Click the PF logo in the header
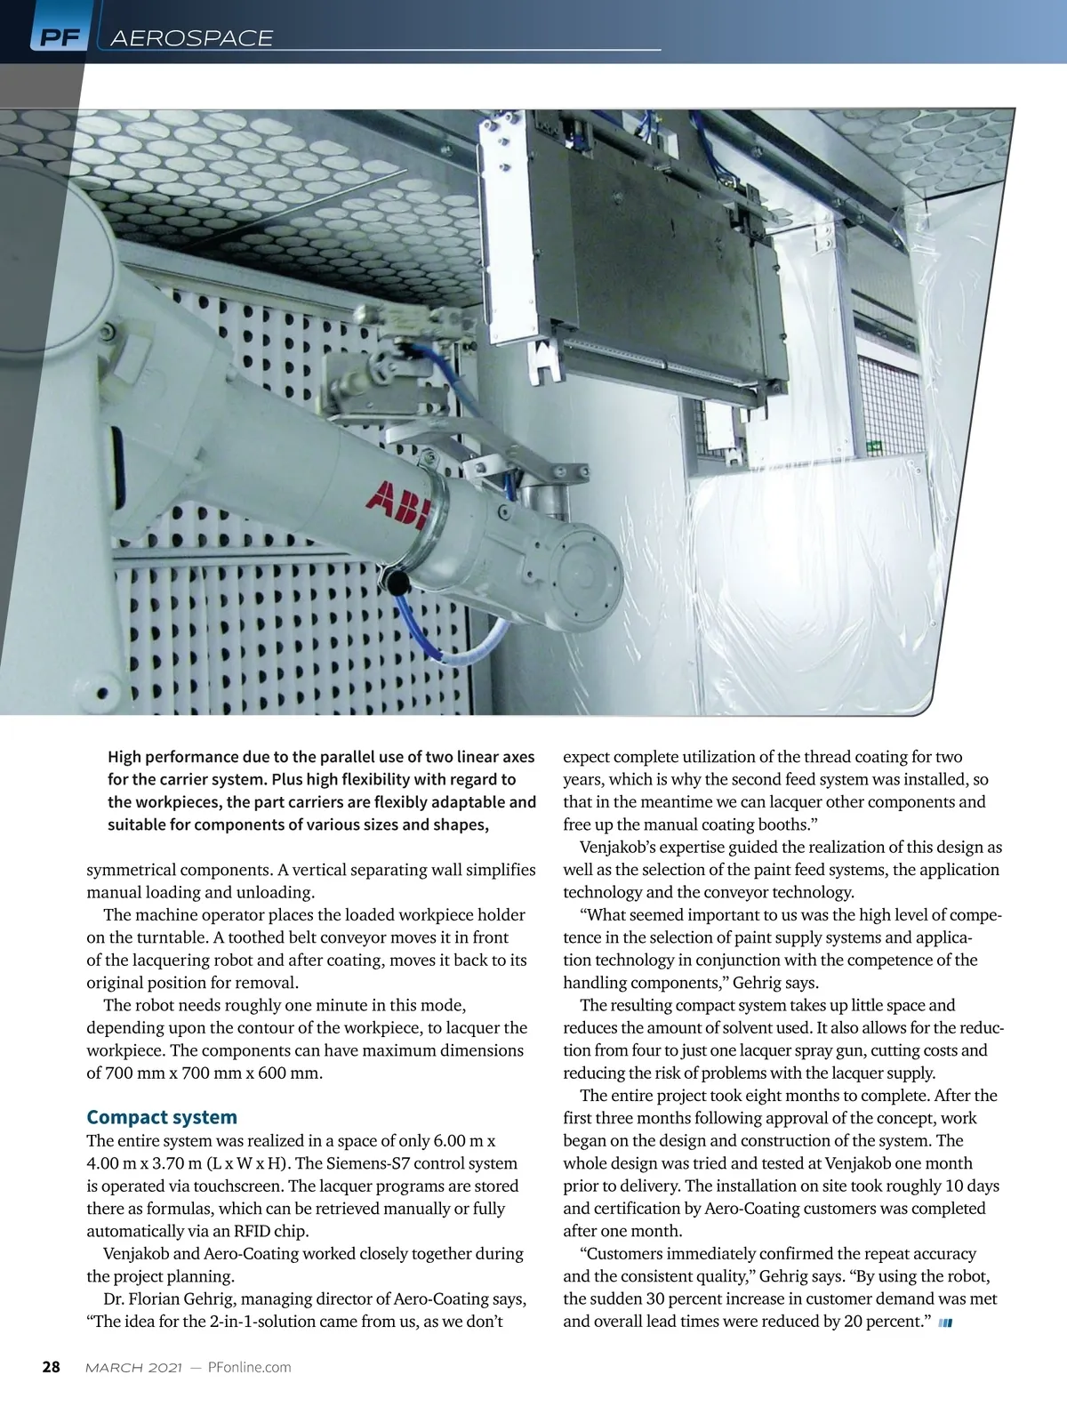59,37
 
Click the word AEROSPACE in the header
191,37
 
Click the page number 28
52,1367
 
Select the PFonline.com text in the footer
249,1367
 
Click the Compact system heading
162,1117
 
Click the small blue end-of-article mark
945,1323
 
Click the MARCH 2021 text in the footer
133,1367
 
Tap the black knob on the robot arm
396,581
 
